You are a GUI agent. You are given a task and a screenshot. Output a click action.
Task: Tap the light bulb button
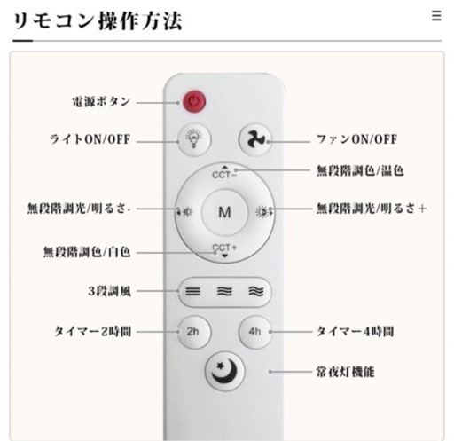click(194, 139)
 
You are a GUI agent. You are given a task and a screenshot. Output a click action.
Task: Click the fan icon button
click(255, 139)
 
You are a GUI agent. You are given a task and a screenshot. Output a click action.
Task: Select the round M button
click(224, 212)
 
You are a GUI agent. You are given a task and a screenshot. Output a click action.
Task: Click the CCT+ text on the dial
click(224, 248)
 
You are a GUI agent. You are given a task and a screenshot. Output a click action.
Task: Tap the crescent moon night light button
click(225, 371)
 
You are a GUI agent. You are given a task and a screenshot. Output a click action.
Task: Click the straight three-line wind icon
click(192, 292)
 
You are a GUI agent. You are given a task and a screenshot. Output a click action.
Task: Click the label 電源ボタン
click(101, 102)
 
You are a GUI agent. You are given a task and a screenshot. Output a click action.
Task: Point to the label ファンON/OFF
click(356, 139)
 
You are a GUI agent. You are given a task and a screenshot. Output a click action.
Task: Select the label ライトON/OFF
click(90, 139)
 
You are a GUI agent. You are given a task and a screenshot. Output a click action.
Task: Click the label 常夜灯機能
click(345, 372)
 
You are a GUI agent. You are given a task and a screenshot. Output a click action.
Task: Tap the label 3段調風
click(109, 291)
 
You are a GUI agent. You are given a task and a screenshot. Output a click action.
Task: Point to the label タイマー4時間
click(355, 331)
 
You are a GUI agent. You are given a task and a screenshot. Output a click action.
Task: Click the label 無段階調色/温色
click(360, 170)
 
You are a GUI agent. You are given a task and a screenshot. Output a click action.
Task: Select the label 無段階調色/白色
click(87, 252)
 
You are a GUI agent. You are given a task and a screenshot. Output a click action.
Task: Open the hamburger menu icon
click(436, 16)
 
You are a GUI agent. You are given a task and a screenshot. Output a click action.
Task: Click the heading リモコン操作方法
click(98, 21)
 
